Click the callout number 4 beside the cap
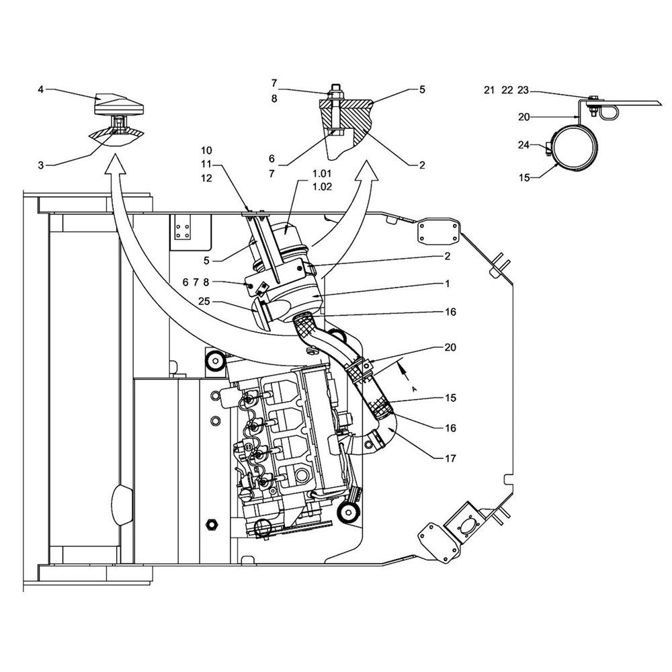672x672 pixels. [x=41, y=90]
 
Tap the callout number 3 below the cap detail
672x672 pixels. [x=41, y=165]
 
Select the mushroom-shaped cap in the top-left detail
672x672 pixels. [x=118, y=105]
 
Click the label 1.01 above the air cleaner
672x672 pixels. [x=322, y=173]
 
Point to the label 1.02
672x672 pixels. [x=322, y=187]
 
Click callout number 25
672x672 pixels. [x=204, y=301]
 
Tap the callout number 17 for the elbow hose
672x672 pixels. [x=450, y=458]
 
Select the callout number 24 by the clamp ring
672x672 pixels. [x=523, y=145]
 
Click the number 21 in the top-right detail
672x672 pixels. [x=489, y=90]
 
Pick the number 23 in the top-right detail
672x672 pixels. [x=523, y=90]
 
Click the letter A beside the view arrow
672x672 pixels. [x=413, y=389]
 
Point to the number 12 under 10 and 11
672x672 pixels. [x=206, y=178]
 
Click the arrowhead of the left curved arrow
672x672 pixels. [x=114, y=164]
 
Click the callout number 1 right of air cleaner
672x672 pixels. [x=447, y=284]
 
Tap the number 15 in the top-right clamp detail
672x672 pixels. [x=524, y=177]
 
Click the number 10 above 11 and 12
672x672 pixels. [x=206, y=151]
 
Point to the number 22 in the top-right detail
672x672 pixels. [x=507, y=90]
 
